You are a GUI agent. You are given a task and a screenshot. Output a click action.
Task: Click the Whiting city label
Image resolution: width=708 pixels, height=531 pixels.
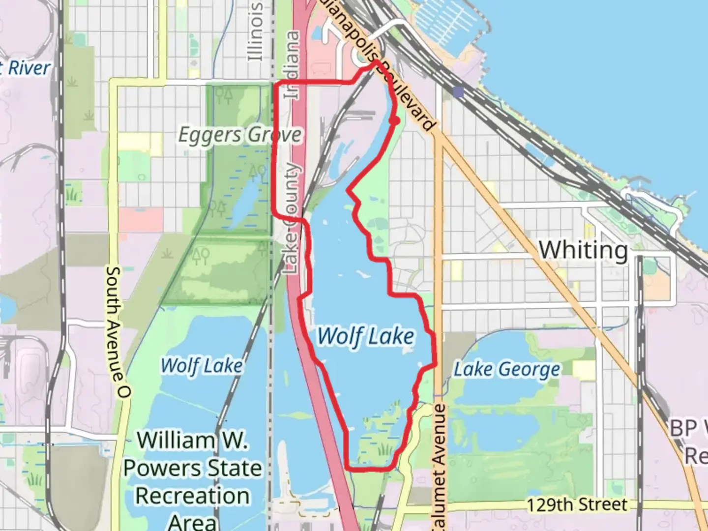coord(584,250)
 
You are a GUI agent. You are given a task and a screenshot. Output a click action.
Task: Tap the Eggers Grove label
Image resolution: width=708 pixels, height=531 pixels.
coord(239,135)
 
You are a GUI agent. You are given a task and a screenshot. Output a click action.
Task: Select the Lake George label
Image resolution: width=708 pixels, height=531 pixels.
coord(506,369)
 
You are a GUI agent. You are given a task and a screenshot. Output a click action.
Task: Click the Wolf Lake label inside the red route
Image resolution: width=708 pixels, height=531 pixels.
coord(365,336)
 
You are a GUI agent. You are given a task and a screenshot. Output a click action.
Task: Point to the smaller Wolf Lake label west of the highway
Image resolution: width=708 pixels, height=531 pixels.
coord(202,365)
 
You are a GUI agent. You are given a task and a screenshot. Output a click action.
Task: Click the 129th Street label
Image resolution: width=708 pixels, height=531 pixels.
coord(577,504)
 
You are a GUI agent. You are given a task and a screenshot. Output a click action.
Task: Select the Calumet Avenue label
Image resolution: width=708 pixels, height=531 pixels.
coord(439,467)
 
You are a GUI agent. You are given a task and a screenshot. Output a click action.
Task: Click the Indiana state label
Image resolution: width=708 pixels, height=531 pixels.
coord(292,64)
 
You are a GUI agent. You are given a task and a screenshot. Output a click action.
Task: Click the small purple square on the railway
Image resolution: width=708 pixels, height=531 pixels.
coord(459,92)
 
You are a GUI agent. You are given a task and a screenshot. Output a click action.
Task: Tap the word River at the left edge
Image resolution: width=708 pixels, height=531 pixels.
coord(29,68)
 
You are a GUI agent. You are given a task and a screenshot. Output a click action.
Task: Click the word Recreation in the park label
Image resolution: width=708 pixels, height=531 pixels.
coord(192,496)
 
